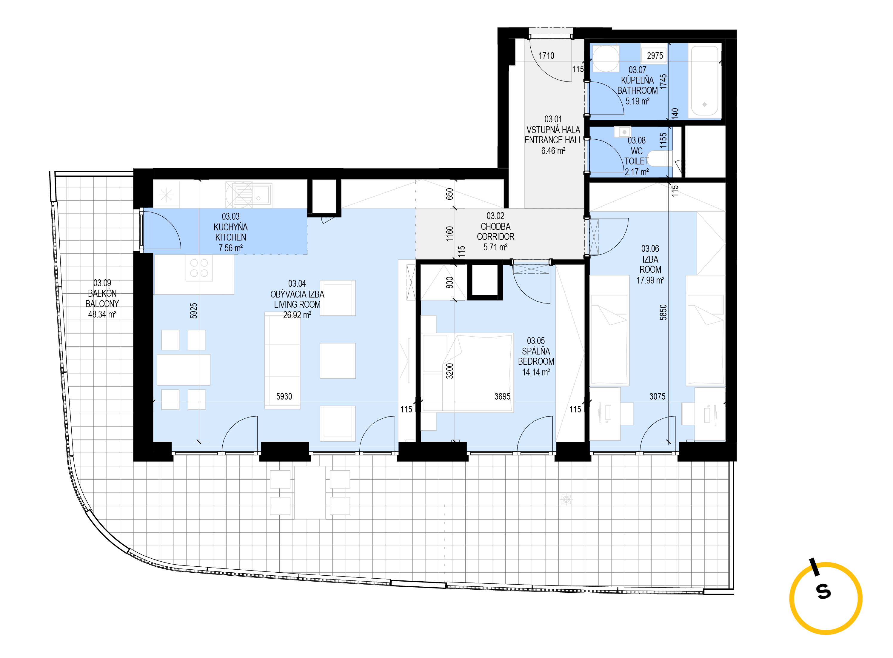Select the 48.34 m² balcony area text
(x=102, y=314)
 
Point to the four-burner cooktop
(x=199, y=268)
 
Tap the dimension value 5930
(x=284, y=396)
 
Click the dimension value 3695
(x=502, y=396)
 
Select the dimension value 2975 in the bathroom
(x=655, y=56)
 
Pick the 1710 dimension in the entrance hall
(x=546, y=56)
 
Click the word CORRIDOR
(x=495, y=237)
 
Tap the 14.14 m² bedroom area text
(x=536, y=372)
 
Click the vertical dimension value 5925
(x=194, y=311)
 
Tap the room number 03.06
(x=650, y=249)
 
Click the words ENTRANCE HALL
(x=553, y=140)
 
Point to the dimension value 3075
(x=657, y=396)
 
